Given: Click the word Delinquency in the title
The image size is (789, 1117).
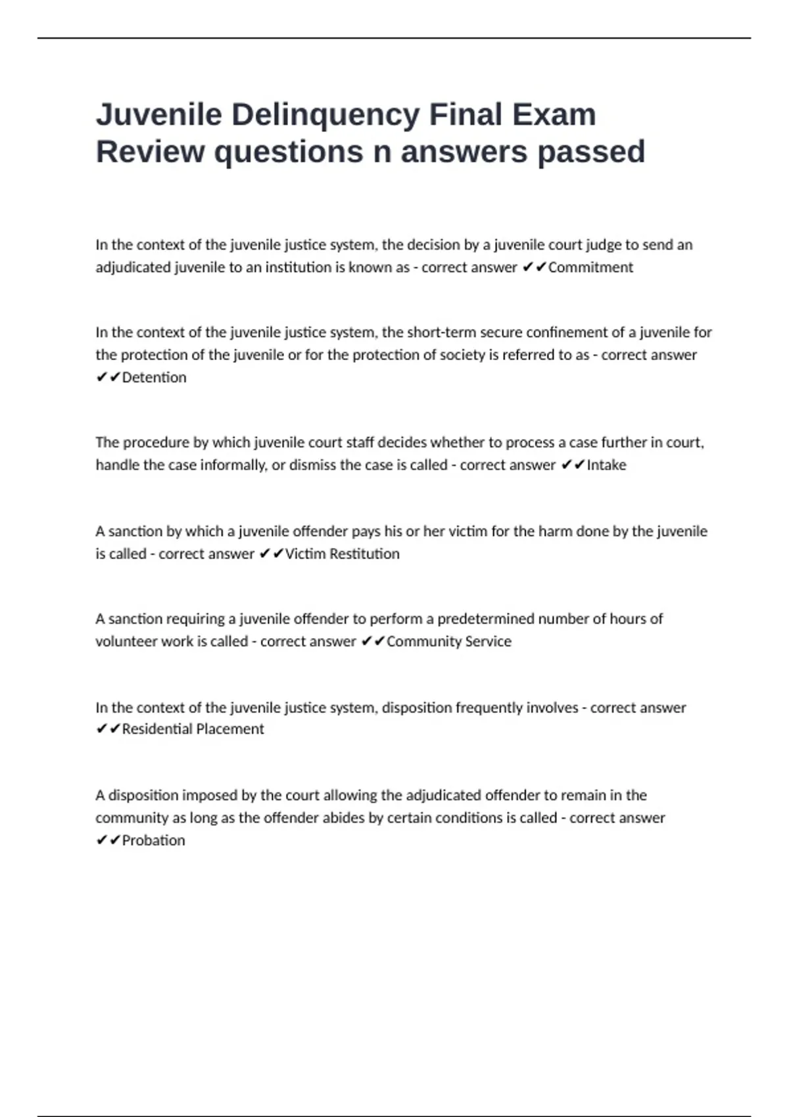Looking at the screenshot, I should click(325, 114).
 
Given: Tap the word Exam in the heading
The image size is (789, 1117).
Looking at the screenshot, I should click(554, 114).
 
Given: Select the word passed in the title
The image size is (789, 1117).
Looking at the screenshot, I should click(591, 152).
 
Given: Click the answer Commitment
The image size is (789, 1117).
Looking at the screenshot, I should click(590, 267).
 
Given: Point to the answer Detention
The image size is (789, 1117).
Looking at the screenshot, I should click(154, 377).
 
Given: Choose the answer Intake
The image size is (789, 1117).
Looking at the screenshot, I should click(606, 465).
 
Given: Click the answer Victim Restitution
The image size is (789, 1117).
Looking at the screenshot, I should click(342, 554).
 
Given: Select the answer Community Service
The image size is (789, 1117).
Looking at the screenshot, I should click(448, 641).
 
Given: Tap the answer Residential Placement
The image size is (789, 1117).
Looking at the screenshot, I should click(193, 729).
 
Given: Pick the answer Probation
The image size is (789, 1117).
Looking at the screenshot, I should click(153, 840).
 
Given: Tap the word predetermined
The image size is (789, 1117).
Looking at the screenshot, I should click(486, 619).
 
